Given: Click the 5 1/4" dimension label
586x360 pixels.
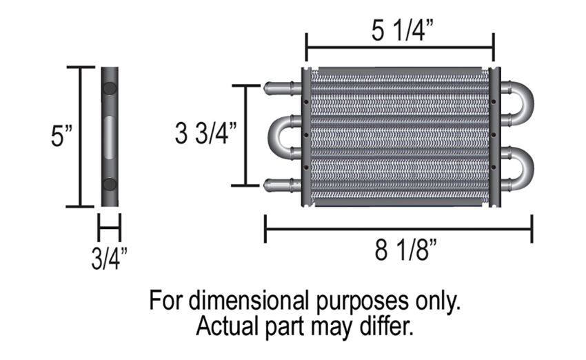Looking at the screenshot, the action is tap(402, 30).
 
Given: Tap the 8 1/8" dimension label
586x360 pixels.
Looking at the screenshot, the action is tap(406, 250).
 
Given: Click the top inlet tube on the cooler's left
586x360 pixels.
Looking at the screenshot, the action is tap(283, 88).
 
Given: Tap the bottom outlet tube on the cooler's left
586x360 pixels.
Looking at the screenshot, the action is tap(283, 185).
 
